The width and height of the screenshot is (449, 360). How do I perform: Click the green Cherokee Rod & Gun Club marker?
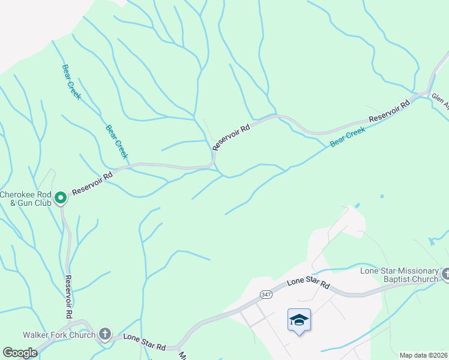coord(61,197)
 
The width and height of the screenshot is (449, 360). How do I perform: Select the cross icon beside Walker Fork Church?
coord(105,334)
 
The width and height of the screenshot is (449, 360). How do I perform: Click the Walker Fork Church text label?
coord(59,335)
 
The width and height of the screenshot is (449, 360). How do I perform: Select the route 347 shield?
coord(267,294)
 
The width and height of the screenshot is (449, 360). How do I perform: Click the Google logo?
coord(20,353)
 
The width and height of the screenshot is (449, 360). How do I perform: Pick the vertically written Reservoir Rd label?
coord(68,297)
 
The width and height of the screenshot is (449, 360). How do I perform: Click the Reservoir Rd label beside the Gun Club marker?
coord(92,184)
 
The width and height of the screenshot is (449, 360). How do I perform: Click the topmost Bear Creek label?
coord(71,82)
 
